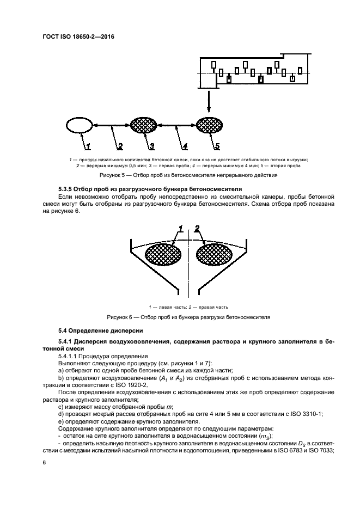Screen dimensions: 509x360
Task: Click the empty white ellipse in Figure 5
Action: tap(79, 126)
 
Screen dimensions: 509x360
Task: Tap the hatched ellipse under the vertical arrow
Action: tap(209, 126)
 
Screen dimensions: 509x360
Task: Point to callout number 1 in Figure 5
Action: tap(87, 146)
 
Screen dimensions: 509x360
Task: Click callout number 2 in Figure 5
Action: tap(120, 146)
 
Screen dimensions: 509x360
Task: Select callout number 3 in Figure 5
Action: tap(152, 146)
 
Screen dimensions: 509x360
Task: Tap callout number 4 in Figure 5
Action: tap(185, 146)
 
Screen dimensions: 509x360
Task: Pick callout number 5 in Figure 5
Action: tap(217, 146)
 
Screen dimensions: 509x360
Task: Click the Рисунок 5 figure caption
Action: tap(188, 176)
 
